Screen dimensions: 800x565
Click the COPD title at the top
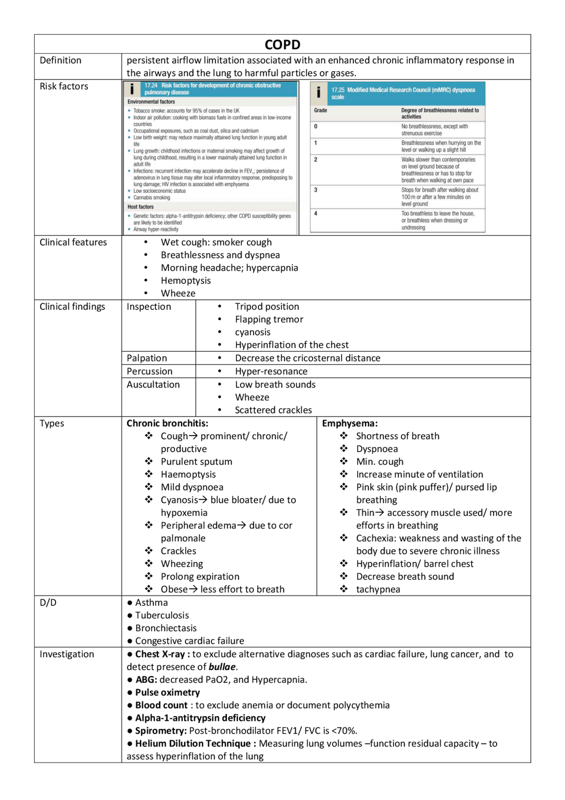pyautogui.click(x=282, y=45)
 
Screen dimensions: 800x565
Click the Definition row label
pyautogui.click(x=60, y=60)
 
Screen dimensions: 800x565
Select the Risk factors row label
pyautogui.click(x=64, y=86)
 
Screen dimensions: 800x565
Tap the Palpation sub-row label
pyautogui.click(x=147, y=358)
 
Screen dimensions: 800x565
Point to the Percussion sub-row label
pyautogui.click(x=149, y=371)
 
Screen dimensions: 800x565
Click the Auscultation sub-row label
pyautogui.click(x=153, y=384)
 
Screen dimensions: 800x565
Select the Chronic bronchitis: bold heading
pyautogui.click(x=167, y=423)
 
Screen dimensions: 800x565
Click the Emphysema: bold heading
pyautogui.click(x=350, y=423)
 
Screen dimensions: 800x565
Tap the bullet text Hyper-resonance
pyautogui.click(x=271, y=371)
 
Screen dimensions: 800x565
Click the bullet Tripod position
pyautogui.click(x=267, y=307)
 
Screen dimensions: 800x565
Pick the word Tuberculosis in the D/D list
pyautogui.click(x=162, y=615)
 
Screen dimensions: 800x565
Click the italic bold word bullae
pyautogui.click(x=222, y=667)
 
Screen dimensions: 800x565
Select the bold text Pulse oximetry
pyautogui.click(x=167, y=692)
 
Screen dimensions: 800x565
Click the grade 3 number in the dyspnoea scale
pyautogui.click(x=316, y=190)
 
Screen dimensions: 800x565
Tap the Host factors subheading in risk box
pyautogui.click(x=140, y=207)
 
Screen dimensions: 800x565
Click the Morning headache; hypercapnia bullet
pyautogui.click(x=229, y=268)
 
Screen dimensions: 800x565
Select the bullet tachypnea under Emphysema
pyautogui.click(x=378, y=589)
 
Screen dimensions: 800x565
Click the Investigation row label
pyautogui.click(x=67, y=654)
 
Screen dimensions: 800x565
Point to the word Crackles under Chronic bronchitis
pyautogui.click(x=178, y=551)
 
